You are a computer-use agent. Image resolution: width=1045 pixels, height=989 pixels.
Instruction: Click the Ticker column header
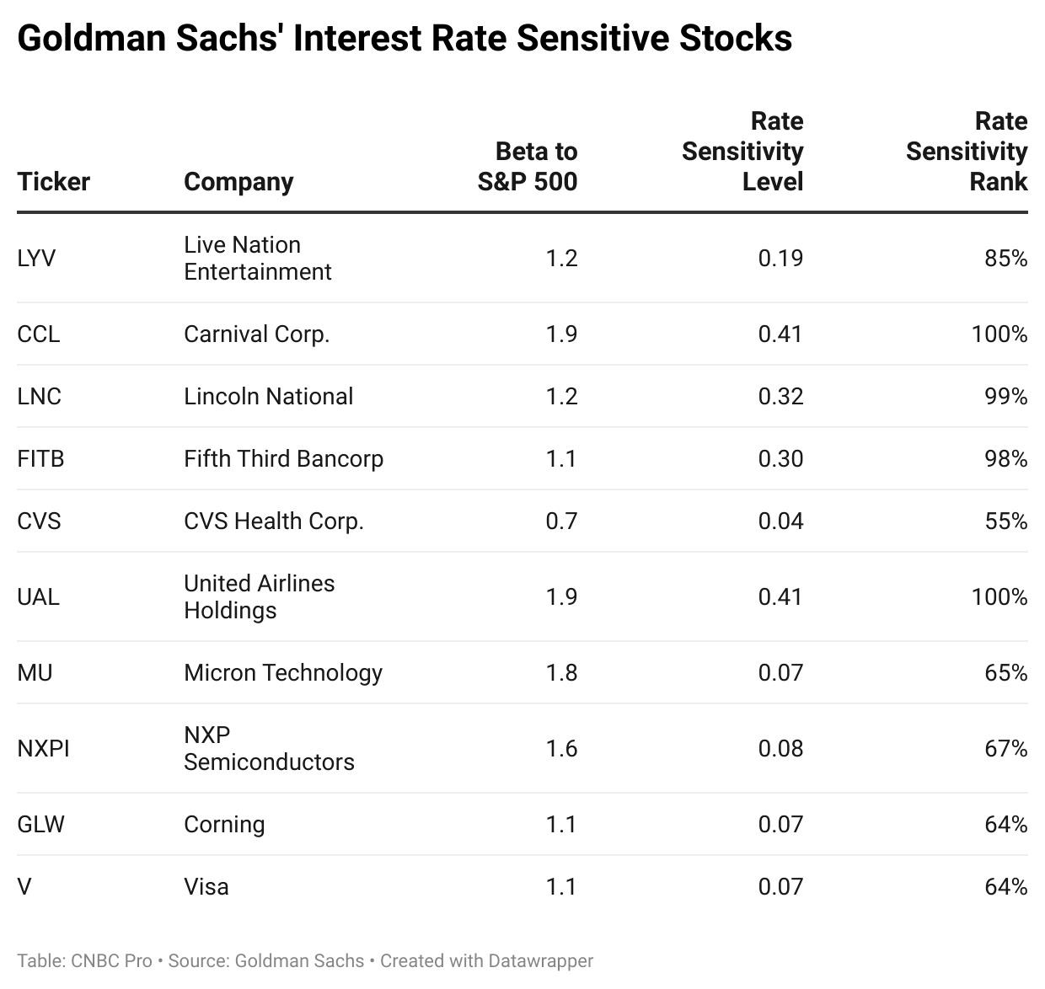coord(53,181)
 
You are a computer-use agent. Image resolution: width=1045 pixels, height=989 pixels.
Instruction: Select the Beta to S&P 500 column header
coord(528,167)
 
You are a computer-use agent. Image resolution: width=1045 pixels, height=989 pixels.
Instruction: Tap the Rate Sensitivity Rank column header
coord(967,152)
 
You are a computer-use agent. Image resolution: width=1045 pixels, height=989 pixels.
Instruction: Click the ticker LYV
coord(36,258)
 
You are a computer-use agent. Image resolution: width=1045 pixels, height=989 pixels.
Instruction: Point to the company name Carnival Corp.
coord(256,334)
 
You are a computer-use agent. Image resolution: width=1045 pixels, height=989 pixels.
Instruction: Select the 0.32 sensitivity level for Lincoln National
coord(780,397)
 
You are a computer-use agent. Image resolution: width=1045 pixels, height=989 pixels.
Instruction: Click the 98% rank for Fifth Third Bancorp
coord(1005,459)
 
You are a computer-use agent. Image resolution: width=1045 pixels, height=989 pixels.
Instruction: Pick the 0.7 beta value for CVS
coord(561,521)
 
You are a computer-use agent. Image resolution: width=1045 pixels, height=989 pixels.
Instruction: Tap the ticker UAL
coord(38,597)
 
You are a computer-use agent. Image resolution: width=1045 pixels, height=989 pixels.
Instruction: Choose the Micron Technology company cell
coord(283,673)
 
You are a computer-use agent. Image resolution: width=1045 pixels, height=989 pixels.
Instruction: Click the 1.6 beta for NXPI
coord(561,749)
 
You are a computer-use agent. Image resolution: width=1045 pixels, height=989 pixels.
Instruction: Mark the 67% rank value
coord(1005,749)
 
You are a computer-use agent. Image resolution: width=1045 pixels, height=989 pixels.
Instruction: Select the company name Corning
coord(224,825)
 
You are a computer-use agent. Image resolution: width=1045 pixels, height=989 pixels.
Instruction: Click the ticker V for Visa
coord(24,887)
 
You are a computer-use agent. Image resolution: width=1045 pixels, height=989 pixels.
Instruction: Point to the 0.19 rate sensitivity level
coord(780,258)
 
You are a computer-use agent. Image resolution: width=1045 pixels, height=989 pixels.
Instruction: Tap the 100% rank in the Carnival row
coord(999,334)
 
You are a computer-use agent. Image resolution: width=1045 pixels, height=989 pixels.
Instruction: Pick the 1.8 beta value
coord(561,673)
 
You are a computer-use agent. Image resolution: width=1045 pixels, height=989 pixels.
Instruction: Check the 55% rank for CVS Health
coord(1005,521)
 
